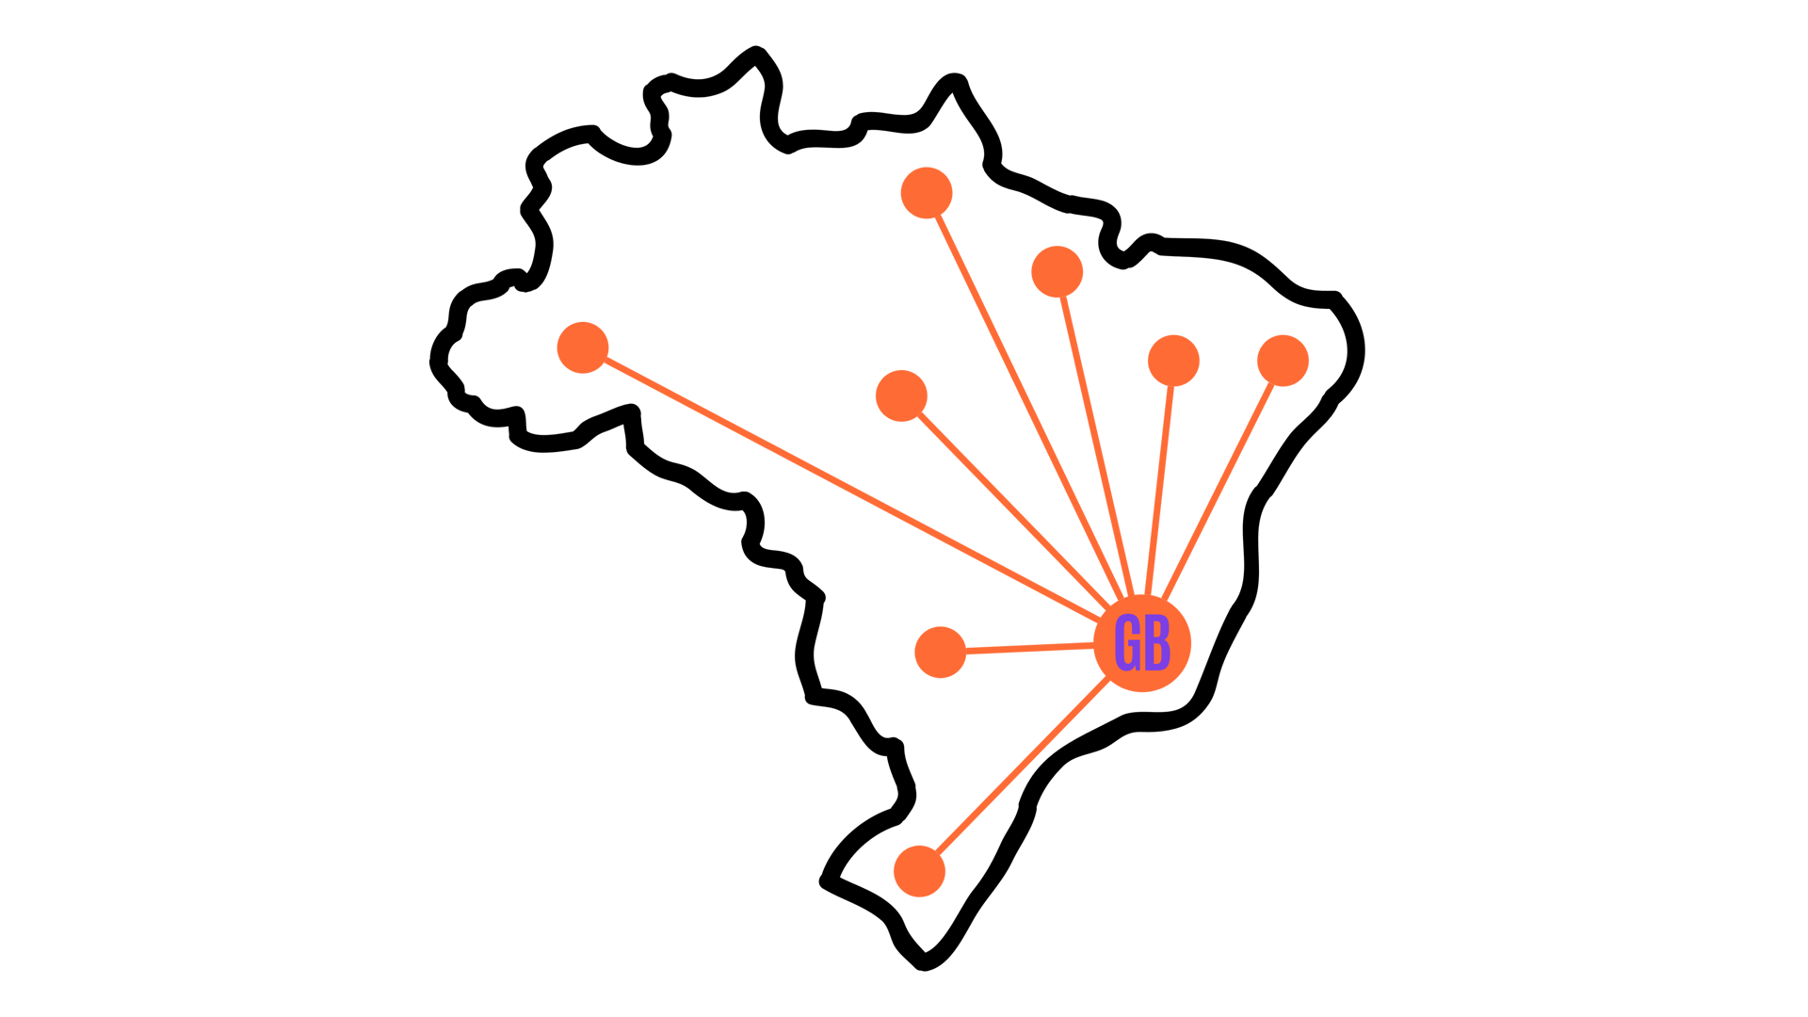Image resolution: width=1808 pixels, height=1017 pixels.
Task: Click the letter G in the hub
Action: (x=1127, y=645)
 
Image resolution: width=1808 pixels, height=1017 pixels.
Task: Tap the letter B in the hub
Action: (x=1158, y=645)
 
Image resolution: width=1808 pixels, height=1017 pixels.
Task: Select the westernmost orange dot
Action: (x=583, y=347)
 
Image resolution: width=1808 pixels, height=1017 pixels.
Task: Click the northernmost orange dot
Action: (x=927, y=193)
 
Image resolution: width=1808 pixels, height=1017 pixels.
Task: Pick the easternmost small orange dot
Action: (x=1283, y=360)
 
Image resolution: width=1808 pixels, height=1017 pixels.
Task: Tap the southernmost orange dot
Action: (x=919, y=871)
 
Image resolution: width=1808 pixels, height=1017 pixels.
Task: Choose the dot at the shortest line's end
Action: (x=940, y=652)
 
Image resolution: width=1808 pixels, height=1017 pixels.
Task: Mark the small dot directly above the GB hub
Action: (x=1173, y=360)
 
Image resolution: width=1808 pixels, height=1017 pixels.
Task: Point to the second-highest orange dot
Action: (x=1057, y=271)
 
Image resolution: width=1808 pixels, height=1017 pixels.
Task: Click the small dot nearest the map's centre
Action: (x=901, y=395)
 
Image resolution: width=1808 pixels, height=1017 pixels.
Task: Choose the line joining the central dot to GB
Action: (x=1008, y=504)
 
